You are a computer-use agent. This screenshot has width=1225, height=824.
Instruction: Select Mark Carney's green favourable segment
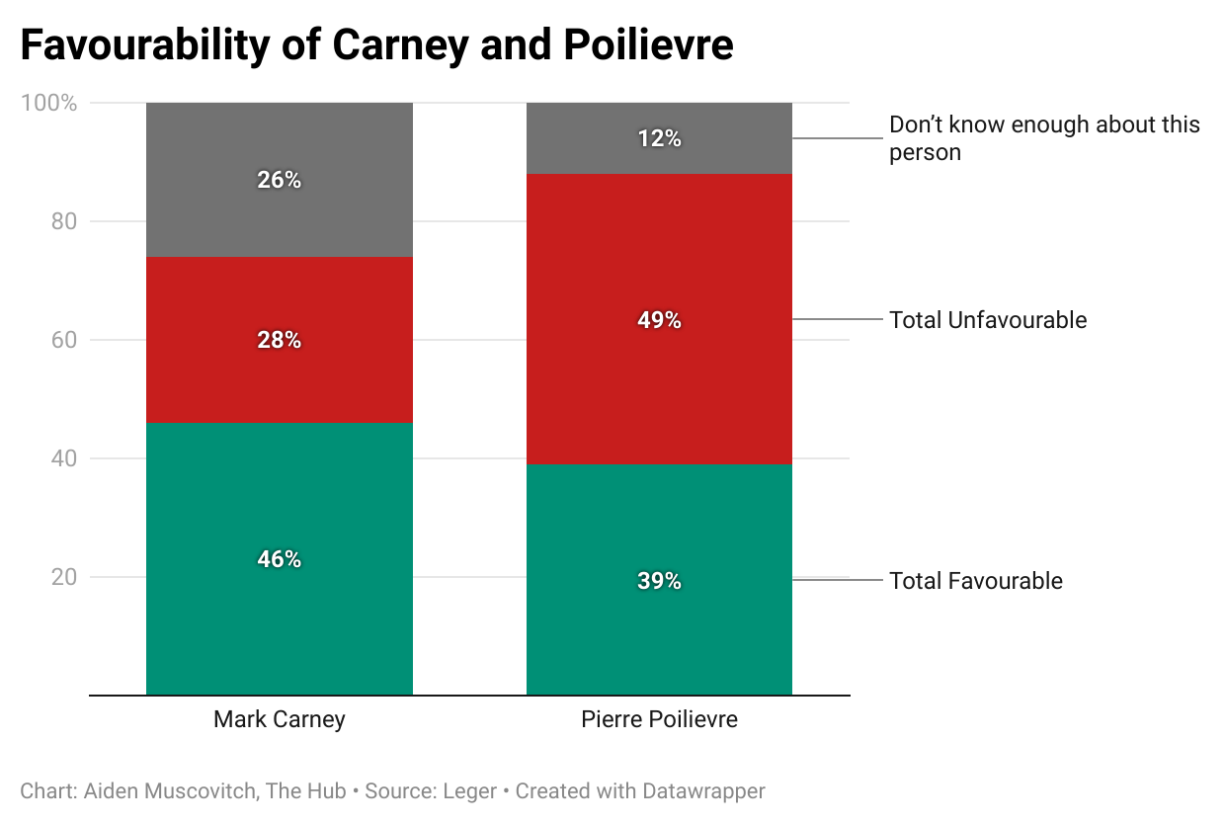click(279, 613)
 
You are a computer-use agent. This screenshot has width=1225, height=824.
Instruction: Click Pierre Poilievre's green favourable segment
click(659, 632)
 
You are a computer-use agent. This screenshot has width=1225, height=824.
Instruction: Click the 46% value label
click(279, 559)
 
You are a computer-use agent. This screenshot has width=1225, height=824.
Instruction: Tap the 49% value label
click(659, 320)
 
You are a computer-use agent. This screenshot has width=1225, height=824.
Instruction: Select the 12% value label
click(659, 139)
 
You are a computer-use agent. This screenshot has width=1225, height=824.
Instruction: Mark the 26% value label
click(279, 180)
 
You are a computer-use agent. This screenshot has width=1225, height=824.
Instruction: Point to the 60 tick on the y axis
click(64, 340)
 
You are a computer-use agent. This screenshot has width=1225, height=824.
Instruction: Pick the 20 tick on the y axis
click(64, 577)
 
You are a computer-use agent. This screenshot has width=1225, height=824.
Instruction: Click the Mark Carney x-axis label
click(279, 719)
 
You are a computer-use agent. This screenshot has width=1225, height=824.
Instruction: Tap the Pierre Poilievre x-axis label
click(659, 719)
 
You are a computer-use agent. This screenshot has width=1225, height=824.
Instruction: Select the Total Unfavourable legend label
click(988, 320)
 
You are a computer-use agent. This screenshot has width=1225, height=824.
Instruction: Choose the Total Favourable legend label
click(976, 581)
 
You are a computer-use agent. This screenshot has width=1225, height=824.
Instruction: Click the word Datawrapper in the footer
click(703, 791)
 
